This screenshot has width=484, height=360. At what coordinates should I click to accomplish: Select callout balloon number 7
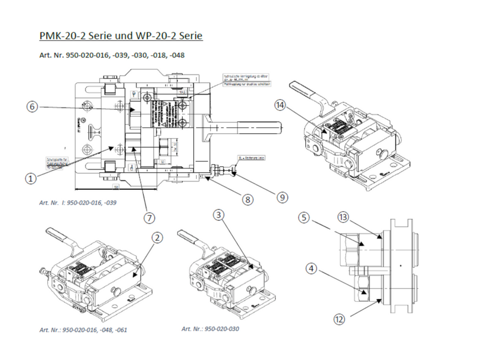coord(150,218)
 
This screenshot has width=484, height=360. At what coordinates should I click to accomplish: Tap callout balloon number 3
coord(220,215)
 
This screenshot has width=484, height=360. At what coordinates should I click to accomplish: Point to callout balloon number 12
coord(339,320)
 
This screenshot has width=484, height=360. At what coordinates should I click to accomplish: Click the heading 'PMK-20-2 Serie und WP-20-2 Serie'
coord(121,36)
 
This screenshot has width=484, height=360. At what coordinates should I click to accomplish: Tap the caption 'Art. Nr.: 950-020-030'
coord(211,329)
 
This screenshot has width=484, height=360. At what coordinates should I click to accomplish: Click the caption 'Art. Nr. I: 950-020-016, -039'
coord(78,203)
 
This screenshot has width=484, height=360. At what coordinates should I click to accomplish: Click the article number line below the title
coord(111,55)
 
